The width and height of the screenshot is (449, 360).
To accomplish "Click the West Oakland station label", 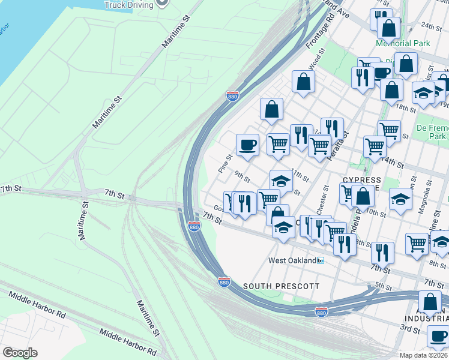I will (292, 260).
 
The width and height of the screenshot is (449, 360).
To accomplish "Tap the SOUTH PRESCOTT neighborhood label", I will (281, 286).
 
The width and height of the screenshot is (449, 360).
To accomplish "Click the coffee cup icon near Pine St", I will (247, 145).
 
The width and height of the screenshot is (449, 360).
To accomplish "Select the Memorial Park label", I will (403, 43).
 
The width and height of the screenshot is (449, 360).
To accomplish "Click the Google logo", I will (20, 353).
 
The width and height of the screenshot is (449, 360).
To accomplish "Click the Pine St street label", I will (225, 164).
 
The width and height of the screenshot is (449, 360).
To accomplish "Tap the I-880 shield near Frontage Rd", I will (233, 95).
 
